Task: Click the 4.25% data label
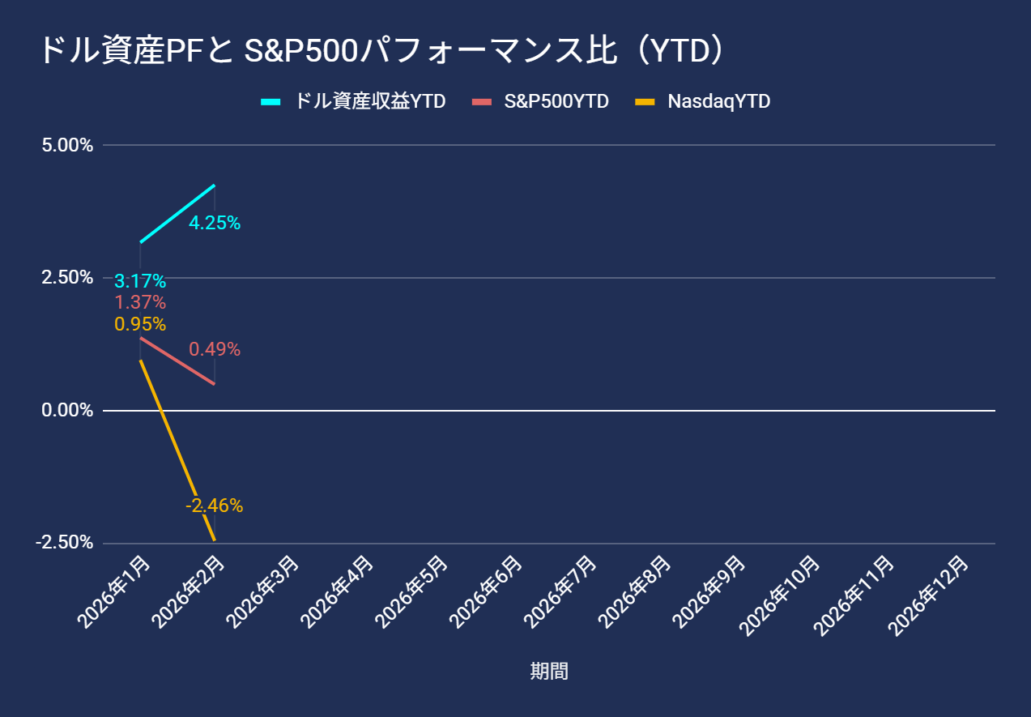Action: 215,223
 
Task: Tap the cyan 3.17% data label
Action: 140,281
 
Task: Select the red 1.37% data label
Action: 140,302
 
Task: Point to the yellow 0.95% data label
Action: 140,324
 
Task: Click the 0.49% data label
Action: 215,349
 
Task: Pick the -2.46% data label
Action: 214,506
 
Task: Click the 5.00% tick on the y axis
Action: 67,145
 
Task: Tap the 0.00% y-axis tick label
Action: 67,410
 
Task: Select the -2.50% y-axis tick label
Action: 65,543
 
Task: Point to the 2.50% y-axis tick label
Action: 67,278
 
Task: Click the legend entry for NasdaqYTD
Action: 703,101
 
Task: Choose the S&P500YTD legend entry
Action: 540,101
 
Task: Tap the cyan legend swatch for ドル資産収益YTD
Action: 271,102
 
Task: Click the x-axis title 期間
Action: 549,671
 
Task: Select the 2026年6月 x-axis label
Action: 486,592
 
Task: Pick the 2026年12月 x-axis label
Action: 929,596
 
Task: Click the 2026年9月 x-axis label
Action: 709,592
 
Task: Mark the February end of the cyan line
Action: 215,185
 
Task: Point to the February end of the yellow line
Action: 215,540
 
